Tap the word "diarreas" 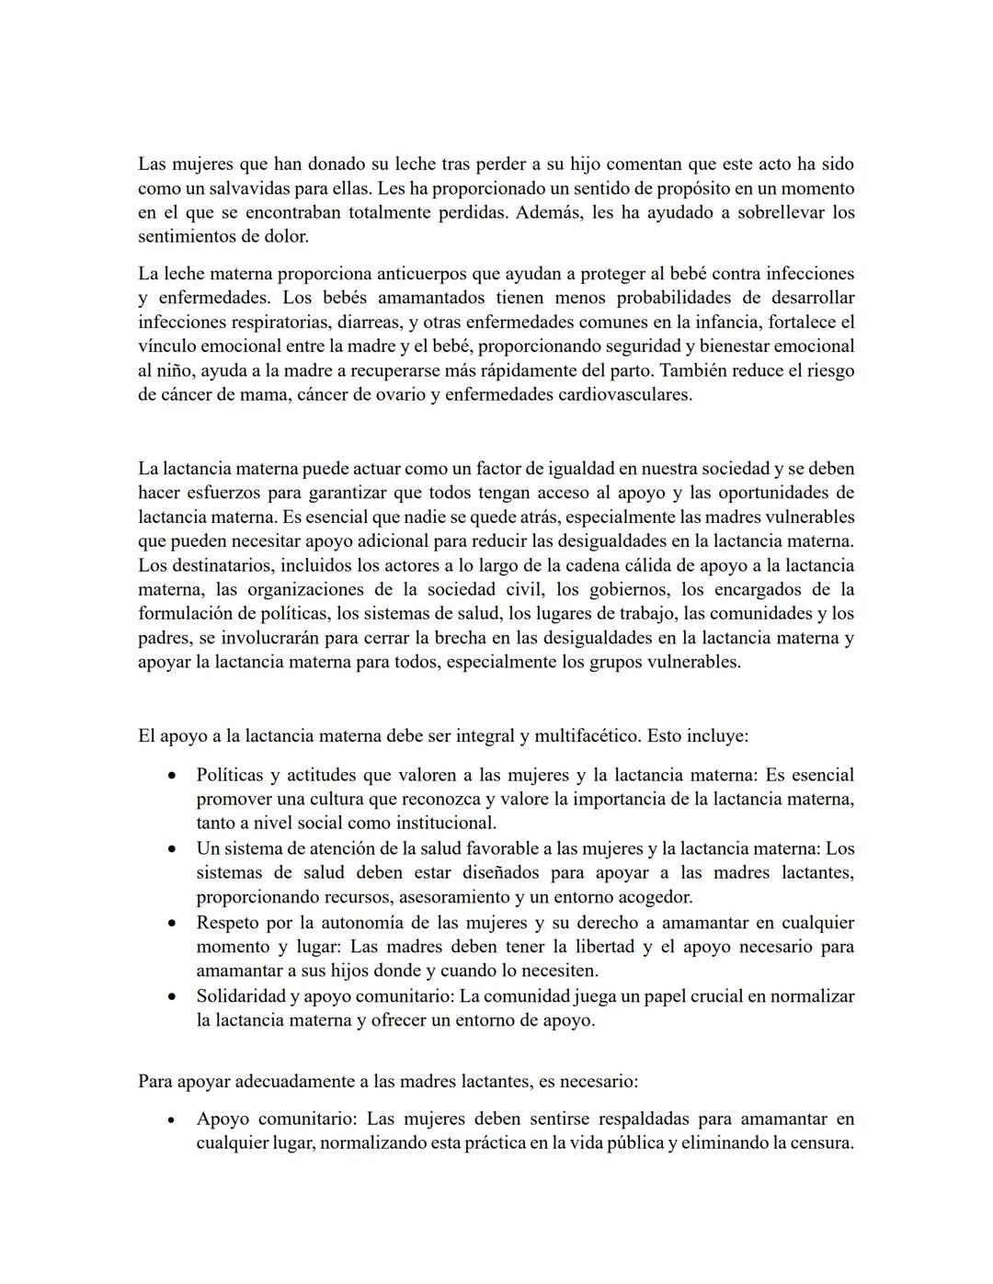pyautogui.click(x=368, y=322)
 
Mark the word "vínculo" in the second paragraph pyautogui.click(x=167, y=347)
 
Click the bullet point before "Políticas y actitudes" pyautogui.click(x=172, y=776)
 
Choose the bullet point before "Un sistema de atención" pyautogui.click(x=172, y=849)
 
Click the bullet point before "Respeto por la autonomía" pyautogui.click(x=172, y=923)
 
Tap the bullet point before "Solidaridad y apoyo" pyautogui.click(x=172, y=996)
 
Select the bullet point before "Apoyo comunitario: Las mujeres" pyautogui.click(x=172, y=1119)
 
